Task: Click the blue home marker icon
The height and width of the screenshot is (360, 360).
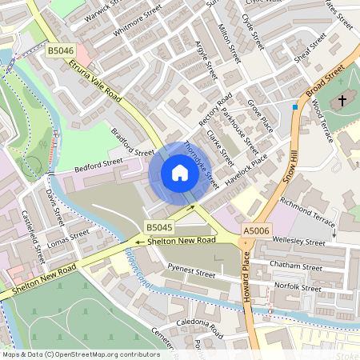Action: tap(179, 173)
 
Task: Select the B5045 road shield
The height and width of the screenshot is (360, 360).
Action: tap(158, 227)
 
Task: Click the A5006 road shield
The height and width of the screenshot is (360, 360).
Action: tap(256, 231)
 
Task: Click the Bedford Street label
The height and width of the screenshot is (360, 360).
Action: tap(98, 165)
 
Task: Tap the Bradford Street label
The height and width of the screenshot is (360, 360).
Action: tap(132, 142)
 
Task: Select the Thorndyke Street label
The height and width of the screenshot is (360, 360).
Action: tap(202, 165)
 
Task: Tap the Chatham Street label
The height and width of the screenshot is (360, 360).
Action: tap(297, 264)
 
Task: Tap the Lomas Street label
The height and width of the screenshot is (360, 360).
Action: tap(68, 239)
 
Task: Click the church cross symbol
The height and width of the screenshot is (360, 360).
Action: tap(342, 101)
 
